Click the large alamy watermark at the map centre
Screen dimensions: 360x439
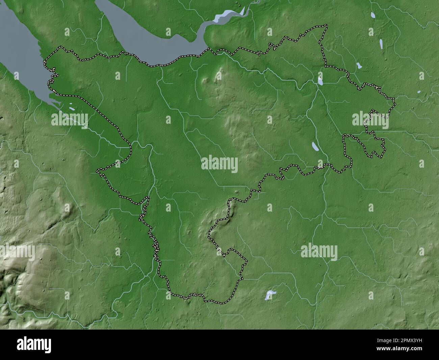click(219, 164)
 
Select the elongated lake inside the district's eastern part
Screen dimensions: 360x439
click(315, 146)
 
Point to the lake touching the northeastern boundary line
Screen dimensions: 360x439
click(319, 81)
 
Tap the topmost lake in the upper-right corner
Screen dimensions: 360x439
click(373, 15)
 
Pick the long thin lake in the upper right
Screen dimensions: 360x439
click(381, 44)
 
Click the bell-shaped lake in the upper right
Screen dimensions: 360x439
click(359, 66)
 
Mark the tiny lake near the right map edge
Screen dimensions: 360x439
click(419, 92)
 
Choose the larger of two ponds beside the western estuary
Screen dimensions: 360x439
click(72, 109)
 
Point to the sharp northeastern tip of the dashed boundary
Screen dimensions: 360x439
click(327, 25)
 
